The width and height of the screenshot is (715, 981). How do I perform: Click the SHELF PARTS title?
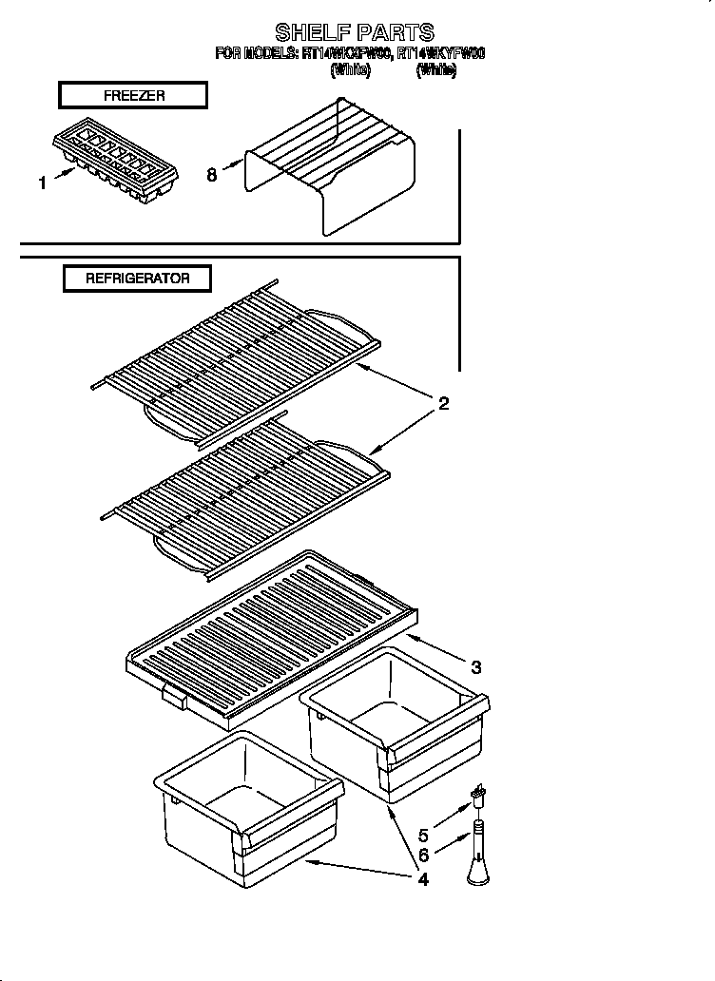coord(355,33)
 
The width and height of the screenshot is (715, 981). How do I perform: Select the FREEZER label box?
coord(133,95)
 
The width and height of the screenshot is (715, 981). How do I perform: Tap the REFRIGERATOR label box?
coord(137,279)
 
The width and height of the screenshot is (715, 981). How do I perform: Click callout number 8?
coord(211,175)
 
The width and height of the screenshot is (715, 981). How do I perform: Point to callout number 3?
coord(475,668)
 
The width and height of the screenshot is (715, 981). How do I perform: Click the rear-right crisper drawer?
coord(395,722)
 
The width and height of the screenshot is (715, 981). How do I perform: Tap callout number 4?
coord(422,879)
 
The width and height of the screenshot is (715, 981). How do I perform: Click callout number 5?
coord(423,837)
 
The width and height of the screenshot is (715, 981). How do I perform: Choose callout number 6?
coord(423,856)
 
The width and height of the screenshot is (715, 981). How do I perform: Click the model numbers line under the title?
coord(350,54)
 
